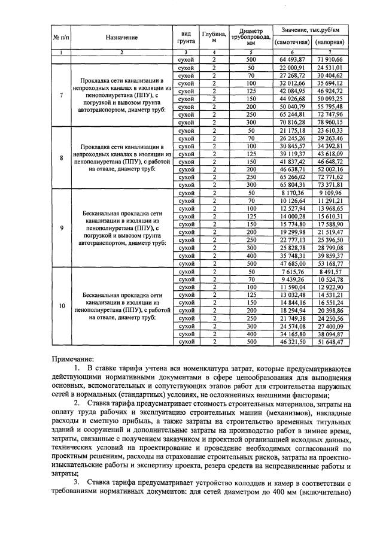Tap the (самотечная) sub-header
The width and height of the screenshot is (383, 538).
click(291, 43)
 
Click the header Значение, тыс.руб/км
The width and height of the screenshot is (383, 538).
click(311, 29)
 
